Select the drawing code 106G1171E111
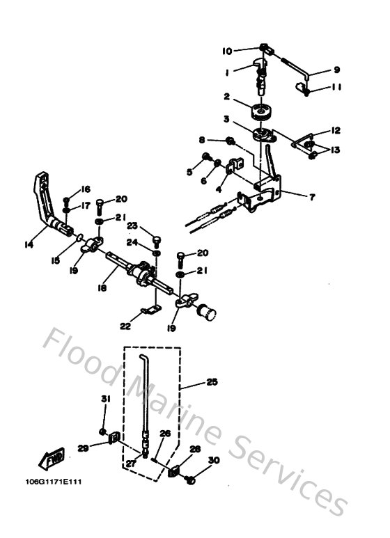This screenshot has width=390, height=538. (53, 482)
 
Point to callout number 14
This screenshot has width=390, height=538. (28, 244)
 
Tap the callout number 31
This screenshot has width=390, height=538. (105, 399)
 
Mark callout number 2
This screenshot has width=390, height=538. (226, 96)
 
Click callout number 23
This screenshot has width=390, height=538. (131, 225)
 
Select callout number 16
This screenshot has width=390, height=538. (86, 189)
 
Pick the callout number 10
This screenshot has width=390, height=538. (227, 51)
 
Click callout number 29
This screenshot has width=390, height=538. (83, 449)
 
